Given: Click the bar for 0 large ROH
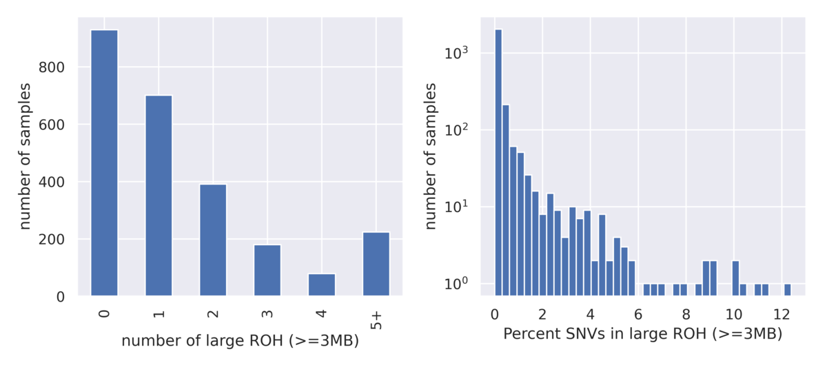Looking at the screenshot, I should (x=104, y=163).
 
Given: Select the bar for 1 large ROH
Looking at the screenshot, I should (x=159, y=196).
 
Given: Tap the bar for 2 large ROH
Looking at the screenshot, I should (x=213, y=240).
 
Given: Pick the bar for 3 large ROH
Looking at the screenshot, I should (x=267, y=271).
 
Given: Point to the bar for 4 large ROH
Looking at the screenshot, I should (x=321, y=285).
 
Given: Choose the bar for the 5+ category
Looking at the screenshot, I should (x=376, y=264).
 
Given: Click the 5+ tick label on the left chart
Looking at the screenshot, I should (x=376, y=318).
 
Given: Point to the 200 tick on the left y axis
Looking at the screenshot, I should (x=71, y=240).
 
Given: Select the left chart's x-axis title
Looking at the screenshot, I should (x=240, y=340).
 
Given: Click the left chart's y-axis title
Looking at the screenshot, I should (x=25, y=156).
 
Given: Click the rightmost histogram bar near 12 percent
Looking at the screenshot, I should (x=787, y=290).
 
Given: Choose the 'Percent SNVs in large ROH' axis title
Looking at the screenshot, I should (x=642, y=335).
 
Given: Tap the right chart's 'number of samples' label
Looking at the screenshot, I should (x=431, y=156).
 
